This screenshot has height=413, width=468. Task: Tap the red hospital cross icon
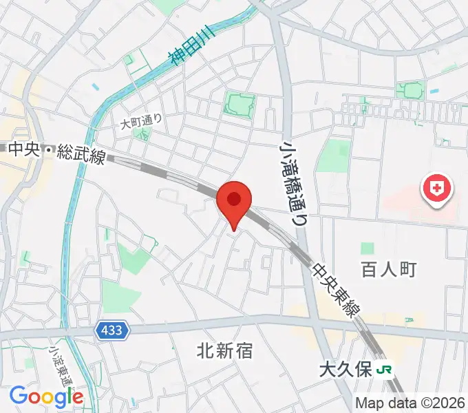click(x=437, y=187)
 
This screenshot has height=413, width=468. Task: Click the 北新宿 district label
click(x=224, y=351)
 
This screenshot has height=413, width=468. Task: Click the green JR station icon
click(x=385, y=370)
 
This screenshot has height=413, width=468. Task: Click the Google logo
click(x=46, y=396)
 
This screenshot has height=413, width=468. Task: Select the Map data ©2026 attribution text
click(x=410, y=403)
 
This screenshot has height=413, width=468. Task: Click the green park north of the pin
click(x=239, y=105)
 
